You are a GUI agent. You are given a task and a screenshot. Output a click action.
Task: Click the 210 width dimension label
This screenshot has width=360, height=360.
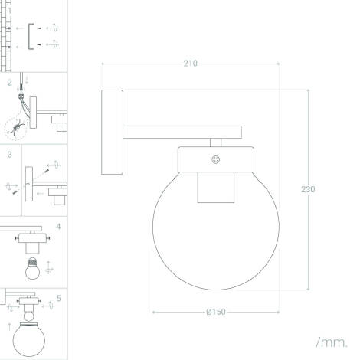(x=190, y=64)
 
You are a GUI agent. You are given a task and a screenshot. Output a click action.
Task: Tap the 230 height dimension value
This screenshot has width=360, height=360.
(x=308, y=188)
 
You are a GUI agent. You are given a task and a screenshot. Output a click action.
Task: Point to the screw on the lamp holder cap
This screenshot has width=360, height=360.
(x=216, y=159)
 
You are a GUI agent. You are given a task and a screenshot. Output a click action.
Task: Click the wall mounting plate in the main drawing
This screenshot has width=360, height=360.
(x=112, y=132)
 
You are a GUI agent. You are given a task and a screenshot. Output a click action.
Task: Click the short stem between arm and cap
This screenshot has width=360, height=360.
(x=216, y=142)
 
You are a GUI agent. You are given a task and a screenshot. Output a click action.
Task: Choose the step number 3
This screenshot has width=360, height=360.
(x=9, y=154)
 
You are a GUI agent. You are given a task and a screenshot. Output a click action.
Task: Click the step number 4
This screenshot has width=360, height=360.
(x=58, y=227)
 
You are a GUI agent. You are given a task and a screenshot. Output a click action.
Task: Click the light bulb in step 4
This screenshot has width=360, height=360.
(x=32, y=270)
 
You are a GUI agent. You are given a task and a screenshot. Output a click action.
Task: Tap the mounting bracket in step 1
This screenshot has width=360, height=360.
(x=31, y=36)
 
